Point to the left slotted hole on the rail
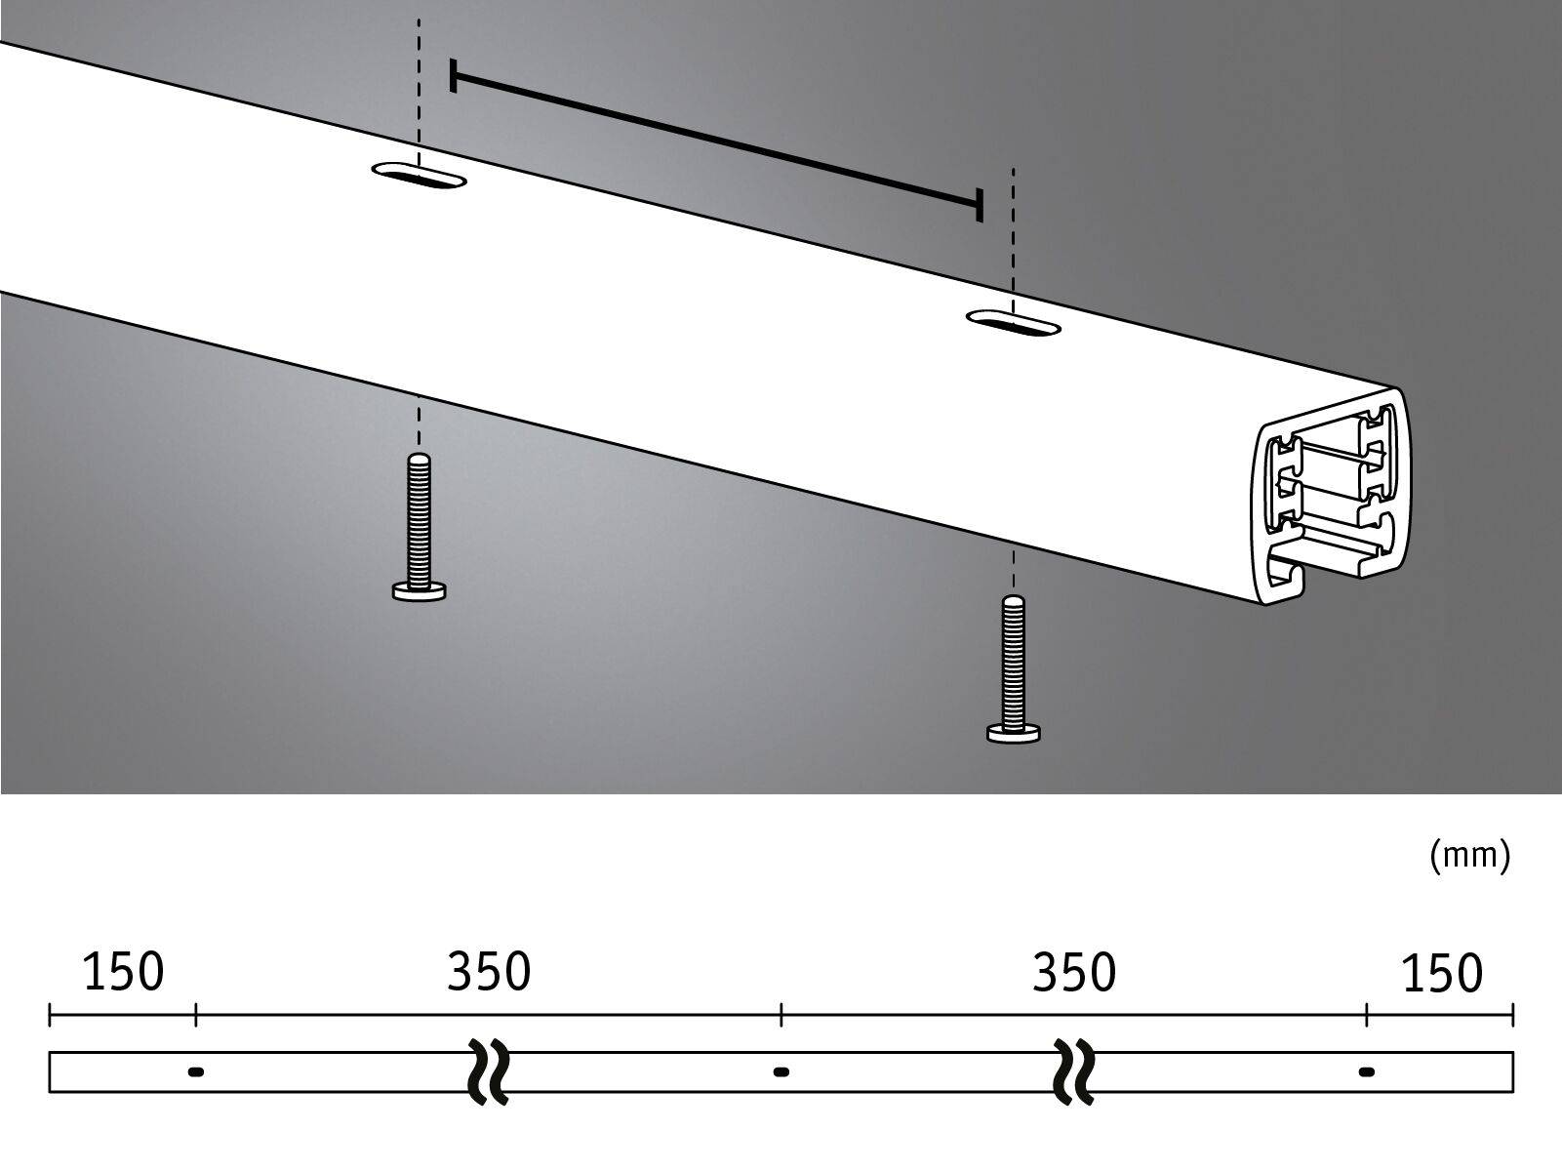tap(419, 176)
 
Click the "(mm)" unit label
tap(1469, 856)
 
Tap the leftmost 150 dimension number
tap(123, 973)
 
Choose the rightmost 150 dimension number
tap(1441, 973)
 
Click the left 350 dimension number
tap(489, 972)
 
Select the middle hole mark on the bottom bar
tap(781, 1071)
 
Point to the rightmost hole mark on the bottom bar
tap(1366, 1071)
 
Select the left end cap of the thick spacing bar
tap(454, 75)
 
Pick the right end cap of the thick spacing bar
tap(979, 205)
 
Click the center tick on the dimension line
tap(781, 1015)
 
